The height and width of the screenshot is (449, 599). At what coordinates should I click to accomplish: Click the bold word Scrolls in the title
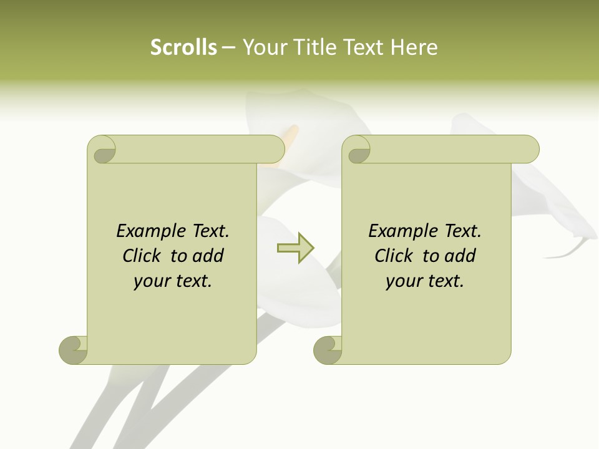(184, 47)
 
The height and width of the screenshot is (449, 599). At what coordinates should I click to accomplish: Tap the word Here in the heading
(414, 47)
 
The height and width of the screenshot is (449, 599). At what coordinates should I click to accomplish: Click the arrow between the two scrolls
(295, 248)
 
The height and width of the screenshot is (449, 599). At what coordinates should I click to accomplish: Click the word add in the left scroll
(208, 256)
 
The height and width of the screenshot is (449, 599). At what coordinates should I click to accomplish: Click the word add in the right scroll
(460, 256)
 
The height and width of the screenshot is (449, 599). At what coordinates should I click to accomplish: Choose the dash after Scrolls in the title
(228, 48)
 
